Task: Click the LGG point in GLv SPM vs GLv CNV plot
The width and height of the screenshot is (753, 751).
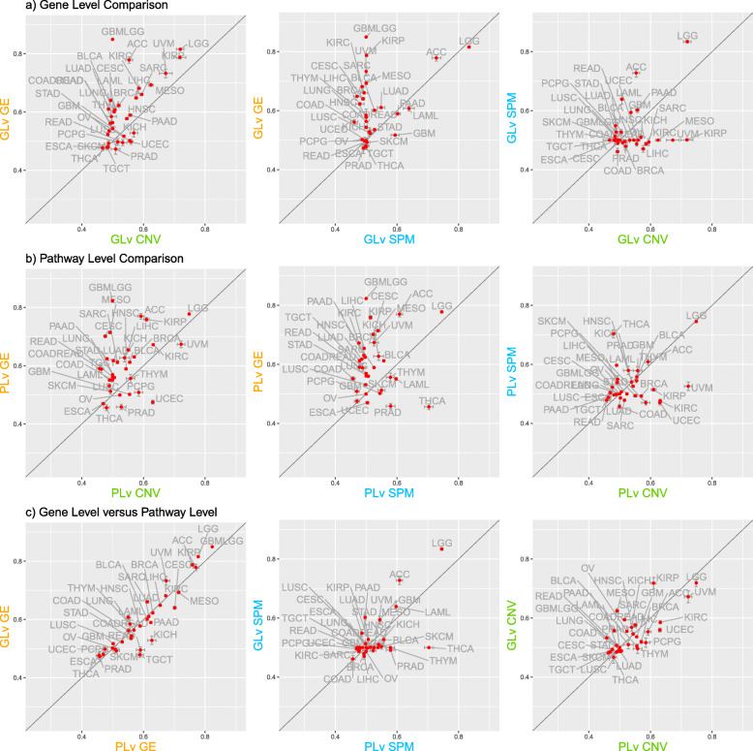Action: coord(687,42)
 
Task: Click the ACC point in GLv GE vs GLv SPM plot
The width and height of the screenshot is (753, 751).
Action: coord(436,58)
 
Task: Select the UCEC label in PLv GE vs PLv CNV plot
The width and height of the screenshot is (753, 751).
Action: coord(169,398)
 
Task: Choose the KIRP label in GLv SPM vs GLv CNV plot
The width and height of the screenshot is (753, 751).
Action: coord(715,133)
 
